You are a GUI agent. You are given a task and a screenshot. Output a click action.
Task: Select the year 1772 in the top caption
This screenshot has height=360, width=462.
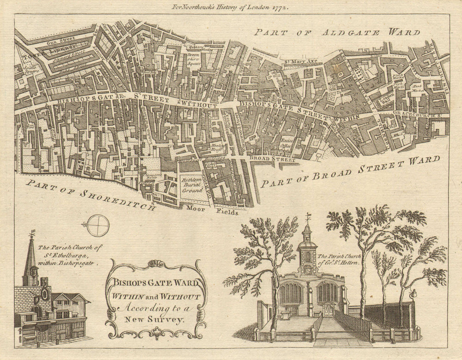pyautogui.click(x=280, y=7)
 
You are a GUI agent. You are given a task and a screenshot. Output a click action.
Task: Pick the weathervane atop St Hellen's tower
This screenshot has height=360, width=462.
pyautogui.click(x=308, y=217)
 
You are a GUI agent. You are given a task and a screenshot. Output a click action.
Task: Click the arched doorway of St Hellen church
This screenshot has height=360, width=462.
pyautogui.click(x=328, y=310)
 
